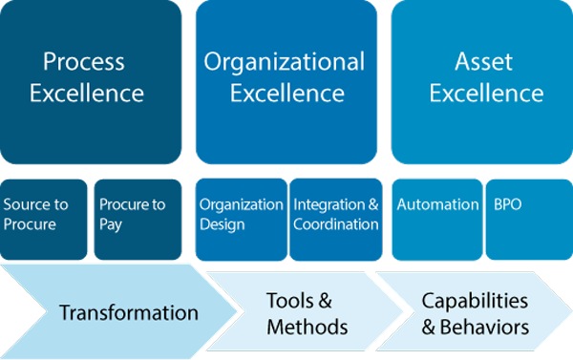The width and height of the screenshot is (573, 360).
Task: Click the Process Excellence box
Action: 91,81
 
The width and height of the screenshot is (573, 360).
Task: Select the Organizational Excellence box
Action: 286,81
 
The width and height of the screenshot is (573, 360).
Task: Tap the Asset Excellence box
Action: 482,81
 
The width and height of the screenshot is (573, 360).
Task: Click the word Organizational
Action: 285,63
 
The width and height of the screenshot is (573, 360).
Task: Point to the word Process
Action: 84,63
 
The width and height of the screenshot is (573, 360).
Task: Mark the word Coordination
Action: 336,224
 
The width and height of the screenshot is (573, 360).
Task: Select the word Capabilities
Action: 475,301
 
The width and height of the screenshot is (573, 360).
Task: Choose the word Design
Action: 222,224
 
